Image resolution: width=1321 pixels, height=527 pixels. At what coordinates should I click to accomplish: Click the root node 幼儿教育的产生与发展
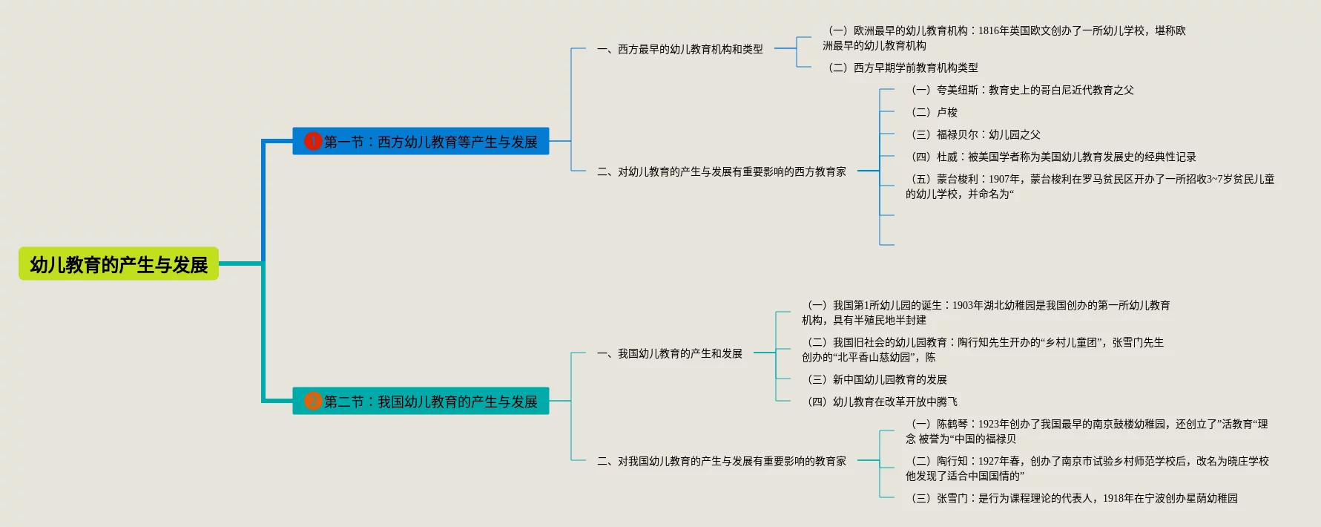click(119, 264)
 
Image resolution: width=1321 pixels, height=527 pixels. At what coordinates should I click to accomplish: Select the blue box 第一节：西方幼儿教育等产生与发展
click(430, 142)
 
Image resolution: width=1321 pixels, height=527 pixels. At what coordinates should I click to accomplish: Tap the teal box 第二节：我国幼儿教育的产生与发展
click(430, 402)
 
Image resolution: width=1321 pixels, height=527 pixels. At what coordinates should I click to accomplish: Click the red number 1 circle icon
click(313, 141)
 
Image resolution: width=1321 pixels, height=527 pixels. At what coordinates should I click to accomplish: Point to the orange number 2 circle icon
click(313, 401)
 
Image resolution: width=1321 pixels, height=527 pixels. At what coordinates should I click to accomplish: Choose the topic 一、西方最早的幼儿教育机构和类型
click(680, 49)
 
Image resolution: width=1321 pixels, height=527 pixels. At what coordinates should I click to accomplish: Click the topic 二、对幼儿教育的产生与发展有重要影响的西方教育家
click(722, 171)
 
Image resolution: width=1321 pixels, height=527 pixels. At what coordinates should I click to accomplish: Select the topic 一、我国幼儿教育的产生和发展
click(670, 353)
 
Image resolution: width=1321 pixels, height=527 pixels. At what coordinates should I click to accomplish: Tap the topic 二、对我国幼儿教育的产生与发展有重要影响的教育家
click(722, 461)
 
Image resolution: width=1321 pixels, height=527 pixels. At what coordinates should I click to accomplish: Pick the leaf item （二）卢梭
click(932, 112)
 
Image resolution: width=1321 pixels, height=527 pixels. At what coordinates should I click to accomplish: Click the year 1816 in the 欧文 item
click(989, 30)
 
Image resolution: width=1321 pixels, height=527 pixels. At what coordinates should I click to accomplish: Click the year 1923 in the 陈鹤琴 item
click(989, 424)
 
